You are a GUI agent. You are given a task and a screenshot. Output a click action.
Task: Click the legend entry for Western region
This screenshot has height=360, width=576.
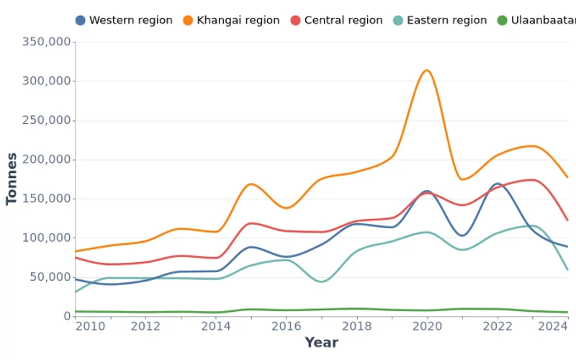[124, 20]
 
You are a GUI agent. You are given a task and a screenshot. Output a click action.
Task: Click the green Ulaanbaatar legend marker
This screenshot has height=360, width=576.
[502, 20]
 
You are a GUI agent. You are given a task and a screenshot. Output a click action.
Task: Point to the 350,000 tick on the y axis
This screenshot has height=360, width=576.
[47, 42]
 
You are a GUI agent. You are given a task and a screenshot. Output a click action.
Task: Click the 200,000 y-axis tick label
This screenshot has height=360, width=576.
[47, 159]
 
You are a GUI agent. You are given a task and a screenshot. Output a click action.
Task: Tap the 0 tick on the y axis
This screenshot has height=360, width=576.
[67, 316]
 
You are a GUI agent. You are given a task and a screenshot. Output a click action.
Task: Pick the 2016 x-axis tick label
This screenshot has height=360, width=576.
[286, 326]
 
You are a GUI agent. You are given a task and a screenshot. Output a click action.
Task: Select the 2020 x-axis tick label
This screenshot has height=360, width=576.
[427, 326]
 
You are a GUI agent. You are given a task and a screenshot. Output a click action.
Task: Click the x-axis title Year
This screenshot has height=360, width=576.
[321, 343]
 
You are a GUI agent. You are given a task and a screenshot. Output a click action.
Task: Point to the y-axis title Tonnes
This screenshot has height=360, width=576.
[12, 179]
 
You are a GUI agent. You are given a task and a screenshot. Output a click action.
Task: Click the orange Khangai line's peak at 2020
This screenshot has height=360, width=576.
[427, 70]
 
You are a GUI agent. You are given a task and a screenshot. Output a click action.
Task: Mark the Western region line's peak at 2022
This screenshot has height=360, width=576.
[495, 184]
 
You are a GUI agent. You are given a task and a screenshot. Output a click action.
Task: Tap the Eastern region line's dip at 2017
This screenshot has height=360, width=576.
[321, 282]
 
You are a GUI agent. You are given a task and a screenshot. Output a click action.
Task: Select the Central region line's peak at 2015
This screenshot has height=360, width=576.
[251, 223]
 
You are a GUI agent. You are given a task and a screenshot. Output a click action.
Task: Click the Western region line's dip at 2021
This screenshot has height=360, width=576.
[462, 235]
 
